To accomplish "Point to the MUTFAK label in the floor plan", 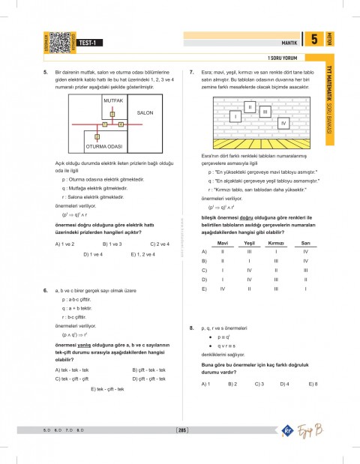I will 112,99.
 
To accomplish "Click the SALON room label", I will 145,112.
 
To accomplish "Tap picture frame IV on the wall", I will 282,122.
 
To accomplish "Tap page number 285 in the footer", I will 180,430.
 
